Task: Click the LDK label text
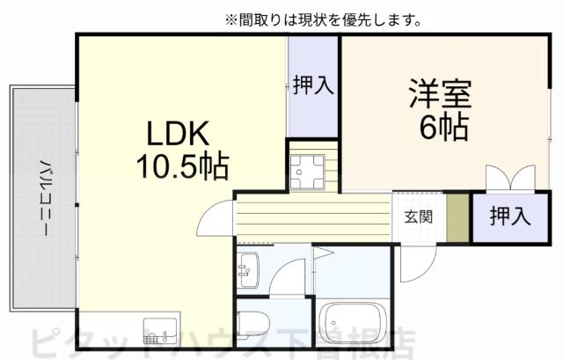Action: click(x=175, y=135)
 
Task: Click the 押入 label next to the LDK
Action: click(x=312, y=84)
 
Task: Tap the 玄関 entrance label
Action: click(x=418, y=217)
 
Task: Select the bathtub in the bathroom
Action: click(x=352, y=321)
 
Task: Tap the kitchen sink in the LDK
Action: click(x=159, y=331)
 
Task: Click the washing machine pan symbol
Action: click(x=311, y=170)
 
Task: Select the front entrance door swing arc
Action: click(x=418, y=263)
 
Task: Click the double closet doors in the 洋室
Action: click(x=509, y=179)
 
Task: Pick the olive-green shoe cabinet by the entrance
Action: click(x=457, y=217)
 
